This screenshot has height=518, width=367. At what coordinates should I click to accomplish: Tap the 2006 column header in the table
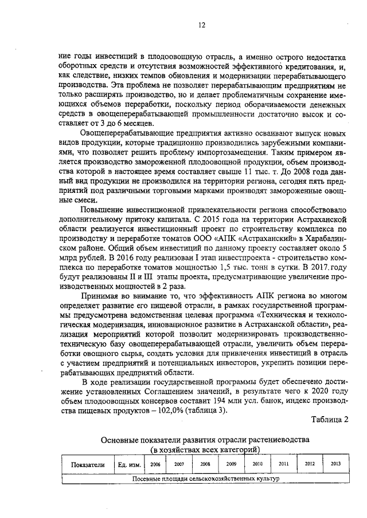coord(155,464)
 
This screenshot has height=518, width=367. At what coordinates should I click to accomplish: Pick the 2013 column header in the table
coord(334,464)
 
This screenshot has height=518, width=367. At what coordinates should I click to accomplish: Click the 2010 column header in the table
coord(257,464)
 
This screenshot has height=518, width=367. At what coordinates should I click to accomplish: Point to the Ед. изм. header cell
coord(127,465)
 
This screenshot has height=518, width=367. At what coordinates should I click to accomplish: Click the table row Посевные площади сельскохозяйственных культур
coord(205,478)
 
